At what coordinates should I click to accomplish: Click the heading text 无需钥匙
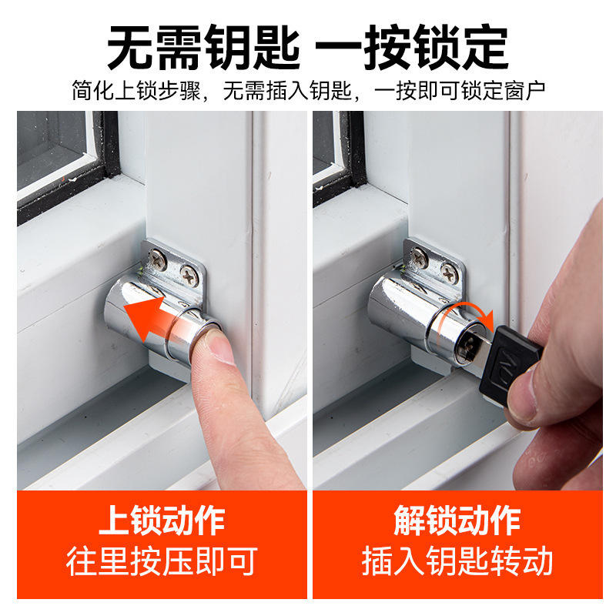coord(203,48)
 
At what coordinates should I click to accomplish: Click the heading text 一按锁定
coord(412,48)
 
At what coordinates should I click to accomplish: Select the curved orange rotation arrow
coord(467,310)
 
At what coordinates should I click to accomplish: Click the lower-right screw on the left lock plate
coord(189,276)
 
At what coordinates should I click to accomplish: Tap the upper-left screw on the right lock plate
coord(419,257)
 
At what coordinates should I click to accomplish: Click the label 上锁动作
coord(162,521)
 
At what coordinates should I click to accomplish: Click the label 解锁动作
coord(457,521)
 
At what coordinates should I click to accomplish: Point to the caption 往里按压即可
coord(162,561)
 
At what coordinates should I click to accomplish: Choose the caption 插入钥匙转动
coord(457,561)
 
